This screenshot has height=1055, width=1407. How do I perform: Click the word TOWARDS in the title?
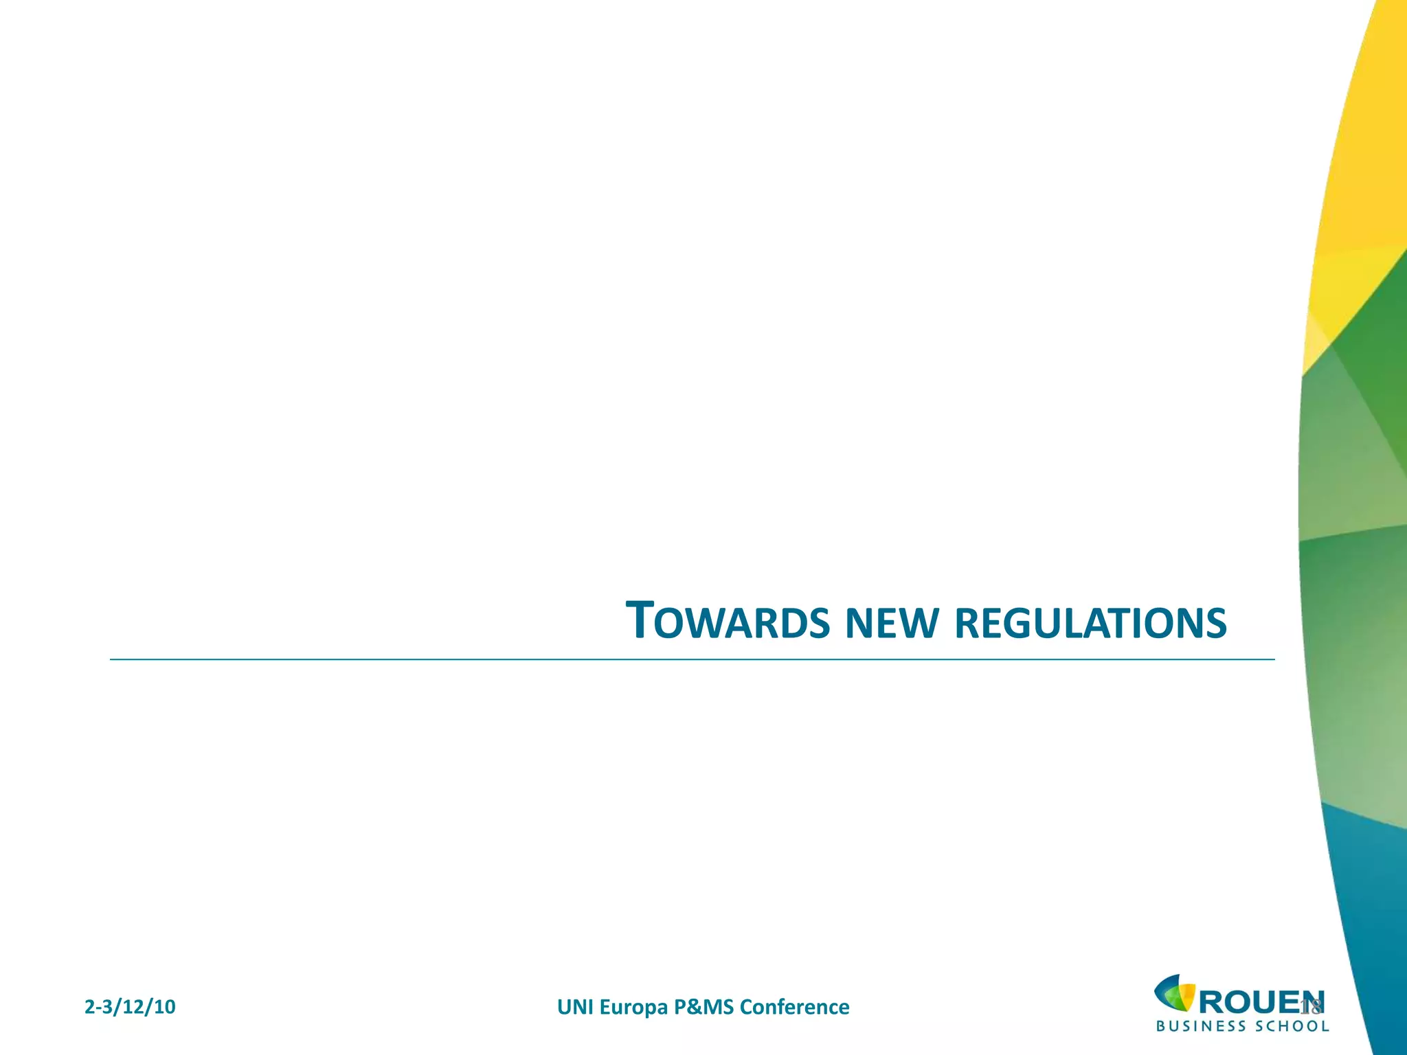click(x=728, y=622)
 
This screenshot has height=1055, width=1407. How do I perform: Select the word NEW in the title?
click(x=891, y=623)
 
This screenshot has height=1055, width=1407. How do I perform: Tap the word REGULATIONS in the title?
click(x=1090, y=623)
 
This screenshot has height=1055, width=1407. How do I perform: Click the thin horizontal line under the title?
click(x=687, y=659)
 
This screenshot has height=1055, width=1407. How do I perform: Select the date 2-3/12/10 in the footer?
click(x=130, y=1007)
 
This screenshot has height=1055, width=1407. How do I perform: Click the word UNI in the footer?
click(x=576, y=1007)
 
